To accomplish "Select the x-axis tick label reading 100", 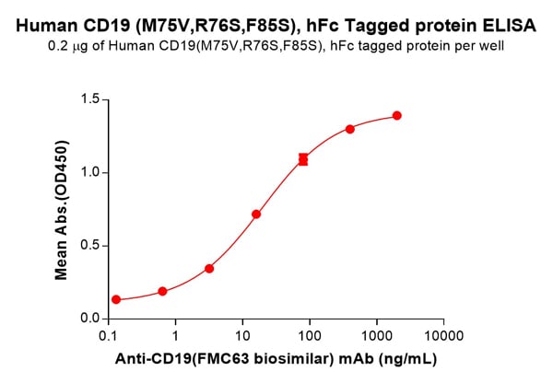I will coord(310,337).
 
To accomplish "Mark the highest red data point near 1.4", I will coord(397,115).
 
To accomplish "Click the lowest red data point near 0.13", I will coord(116,299).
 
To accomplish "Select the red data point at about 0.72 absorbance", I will coord(256,215).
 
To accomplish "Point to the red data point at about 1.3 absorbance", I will coord(350,129).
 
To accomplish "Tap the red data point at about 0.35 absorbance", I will coord(209,269).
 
